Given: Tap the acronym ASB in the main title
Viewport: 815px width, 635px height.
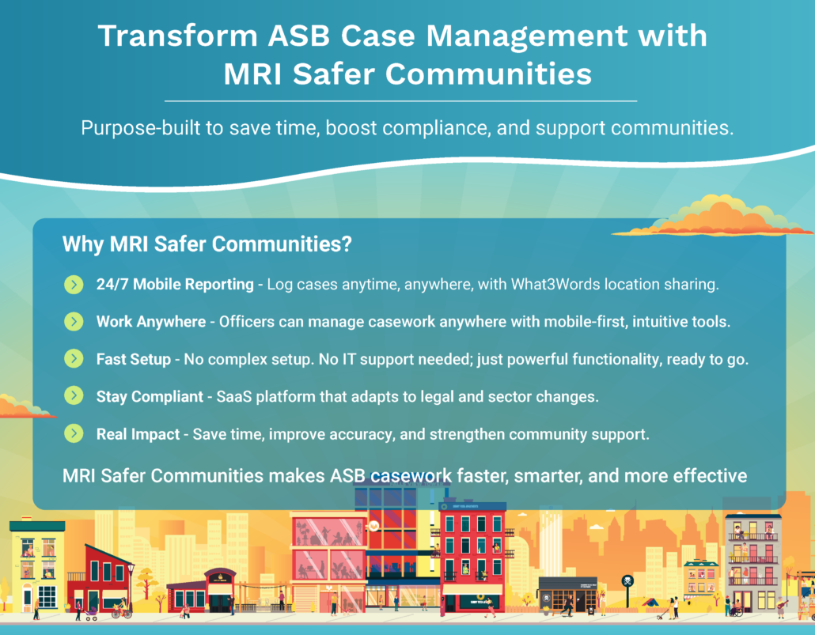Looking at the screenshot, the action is [299, 36].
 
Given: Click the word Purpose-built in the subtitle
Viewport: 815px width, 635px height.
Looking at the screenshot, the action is [140, 128].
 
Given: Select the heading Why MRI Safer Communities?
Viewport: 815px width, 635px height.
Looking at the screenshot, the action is [207, 244].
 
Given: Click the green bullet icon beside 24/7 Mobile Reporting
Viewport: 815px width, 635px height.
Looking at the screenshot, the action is [74, 284].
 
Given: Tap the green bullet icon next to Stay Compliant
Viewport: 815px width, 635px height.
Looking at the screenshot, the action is [74, 395].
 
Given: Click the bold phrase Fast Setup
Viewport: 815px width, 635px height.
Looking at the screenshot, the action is [134, 359].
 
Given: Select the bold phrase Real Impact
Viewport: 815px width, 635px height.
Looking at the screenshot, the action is [138, 434].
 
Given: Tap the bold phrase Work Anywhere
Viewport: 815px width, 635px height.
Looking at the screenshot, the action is [150, 322].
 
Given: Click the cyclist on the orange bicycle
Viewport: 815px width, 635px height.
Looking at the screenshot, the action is [122, 608].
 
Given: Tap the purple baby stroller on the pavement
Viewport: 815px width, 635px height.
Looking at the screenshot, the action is [90, 614].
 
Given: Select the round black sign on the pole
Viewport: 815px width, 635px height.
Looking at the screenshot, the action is [627, 581].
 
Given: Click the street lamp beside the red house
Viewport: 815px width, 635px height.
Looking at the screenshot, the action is [131, 588].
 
